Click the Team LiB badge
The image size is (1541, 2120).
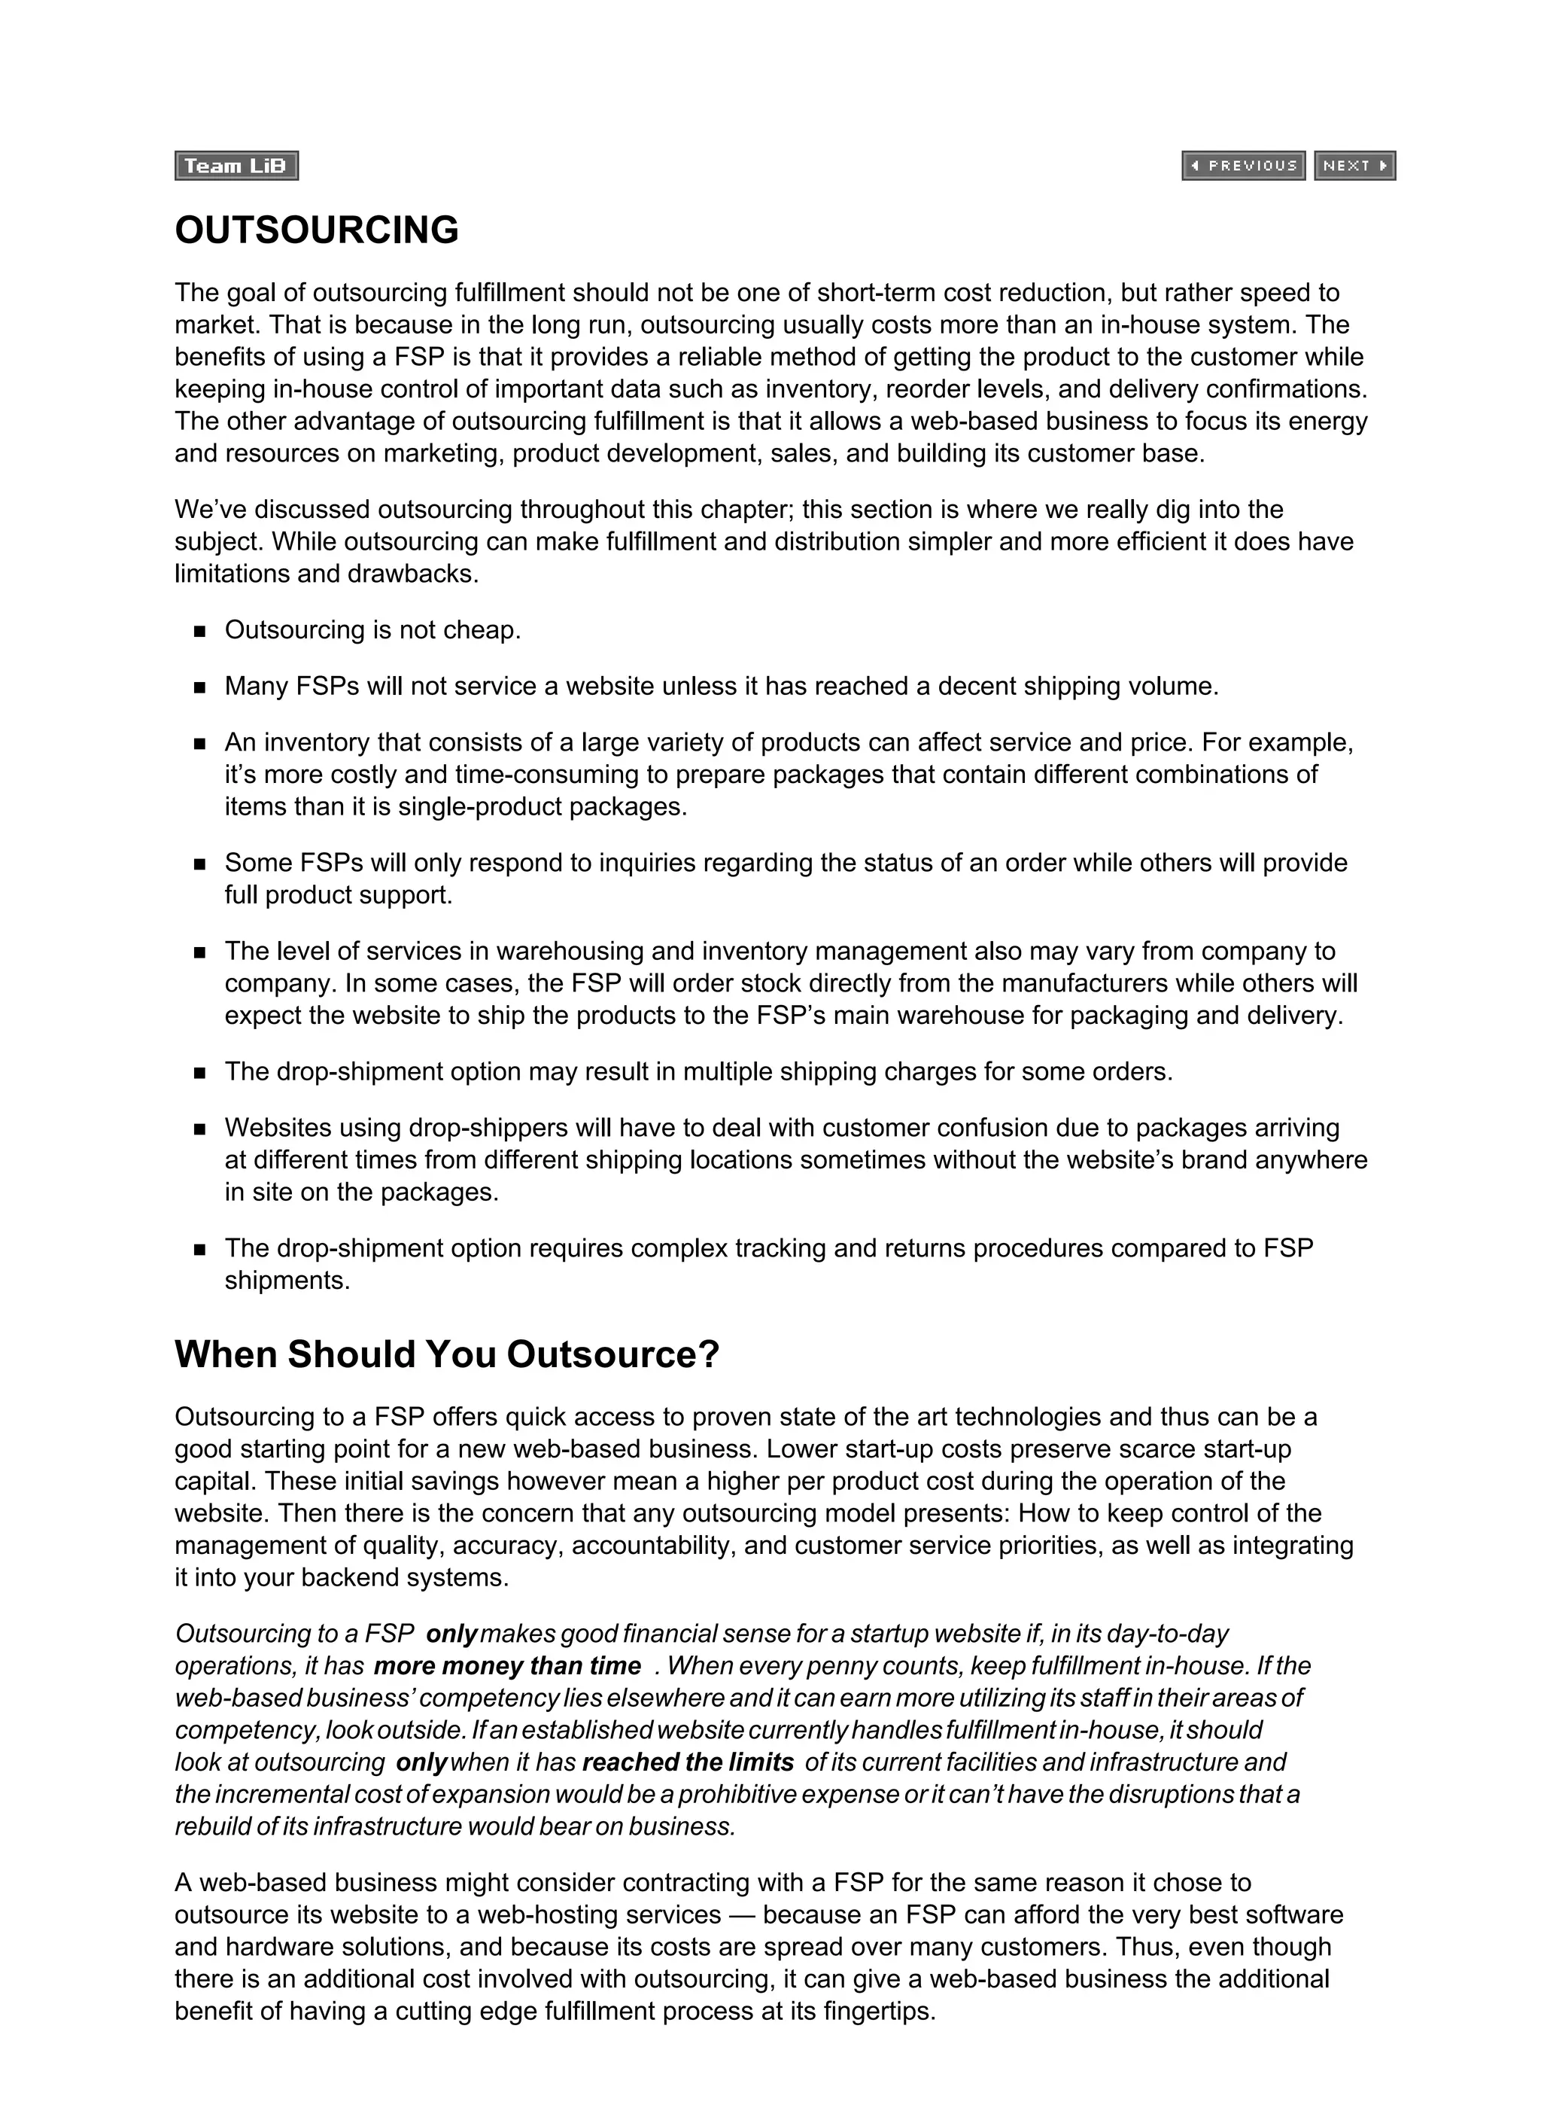coord(236,166)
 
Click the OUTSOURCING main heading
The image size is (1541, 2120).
coord(317,230)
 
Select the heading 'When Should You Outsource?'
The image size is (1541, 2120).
coord(447,1354)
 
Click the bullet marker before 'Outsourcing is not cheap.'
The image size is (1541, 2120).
coord(199,632)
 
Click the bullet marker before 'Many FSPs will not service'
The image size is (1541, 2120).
coord(199,688)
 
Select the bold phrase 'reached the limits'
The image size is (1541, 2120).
coord(687,1762)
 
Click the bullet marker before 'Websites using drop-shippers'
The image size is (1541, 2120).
coord(199,1129)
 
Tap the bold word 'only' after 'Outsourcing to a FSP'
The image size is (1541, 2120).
coord(451,1633)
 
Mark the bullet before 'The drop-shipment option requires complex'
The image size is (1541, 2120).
coord(199,1250)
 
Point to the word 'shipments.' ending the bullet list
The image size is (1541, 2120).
coord(287,1281)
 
